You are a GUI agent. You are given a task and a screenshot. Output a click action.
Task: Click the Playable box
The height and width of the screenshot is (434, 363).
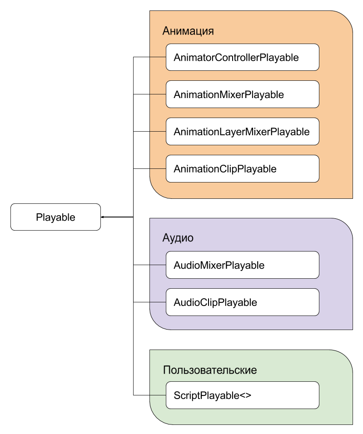click(55, 217)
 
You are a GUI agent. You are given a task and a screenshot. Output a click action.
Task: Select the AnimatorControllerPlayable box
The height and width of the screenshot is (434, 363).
click(243, 57)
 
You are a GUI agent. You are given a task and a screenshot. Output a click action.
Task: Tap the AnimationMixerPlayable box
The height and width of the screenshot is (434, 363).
click(243, 94)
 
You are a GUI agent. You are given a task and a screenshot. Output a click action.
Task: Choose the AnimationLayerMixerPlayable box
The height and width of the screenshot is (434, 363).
click(243, 132)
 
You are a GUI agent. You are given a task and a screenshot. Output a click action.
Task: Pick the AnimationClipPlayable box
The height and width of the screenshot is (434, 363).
click(243, 168)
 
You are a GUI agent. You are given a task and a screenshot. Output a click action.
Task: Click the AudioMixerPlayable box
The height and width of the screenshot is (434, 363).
click(243, 265)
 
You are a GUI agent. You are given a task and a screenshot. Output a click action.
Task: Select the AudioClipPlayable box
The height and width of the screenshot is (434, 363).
click(243, 302)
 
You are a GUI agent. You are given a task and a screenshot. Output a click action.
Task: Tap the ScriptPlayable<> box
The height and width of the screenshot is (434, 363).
click(243, 395)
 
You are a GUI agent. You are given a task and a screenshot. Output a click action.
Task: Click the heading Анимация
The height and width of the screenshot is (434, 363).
click(188, 31)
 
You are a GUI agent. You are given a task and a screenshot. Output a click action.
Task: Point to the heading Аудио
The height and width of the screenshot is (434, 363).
click(178, 238)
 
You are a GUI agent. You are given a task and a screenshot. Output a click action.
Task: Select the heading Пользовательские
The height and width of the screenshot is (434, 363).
click(210, 370)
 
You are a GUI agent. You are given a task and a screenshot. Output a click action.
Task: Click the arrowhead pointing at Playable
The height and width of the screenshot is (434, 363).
click(102, 217)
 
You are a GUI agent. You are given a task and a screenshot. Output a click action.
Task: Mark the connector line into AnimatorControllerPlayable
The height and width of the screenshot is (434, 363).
click(149, 57)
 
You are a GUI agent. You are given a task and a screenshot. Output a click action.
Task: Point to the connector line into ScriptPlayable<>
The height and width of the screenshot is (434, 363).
click(149, 395)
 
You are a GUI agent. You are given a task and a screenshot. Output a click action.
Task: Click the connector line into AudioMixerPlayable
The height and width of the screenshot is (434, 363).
click(149, 265)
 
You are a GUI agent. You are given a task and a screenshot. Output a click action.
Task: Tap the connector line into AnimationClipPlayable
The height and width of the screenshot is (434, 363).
click(149, 168)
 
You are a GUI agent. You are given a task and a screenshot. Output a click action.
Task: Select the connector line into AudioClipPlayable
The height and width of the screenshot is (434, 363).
click(149, 302)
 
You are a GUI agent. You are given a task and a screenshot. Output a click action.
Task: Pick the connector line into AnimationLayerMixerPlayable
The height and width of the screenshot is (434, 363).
click(149, 132)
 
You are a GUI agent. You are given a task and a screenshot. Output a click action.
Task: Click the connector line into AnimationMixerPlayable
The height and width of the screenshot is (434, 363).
click(149, 94)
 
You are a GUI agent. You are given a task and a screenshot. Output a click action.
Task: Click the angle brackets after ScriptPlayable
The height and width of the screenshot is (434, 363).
click(245, 395)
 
